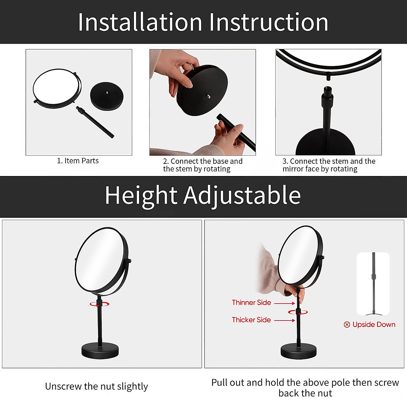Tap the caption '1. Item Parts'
pyautogui.click(x=78, y=161)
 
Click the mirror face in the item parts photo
pyautogui.click(x=56, y=88)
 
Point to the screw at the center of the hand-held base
pyautogui.click(x=207, y=96)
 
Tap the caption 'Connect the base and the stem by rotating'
pyautogui.click(x=202, y=165)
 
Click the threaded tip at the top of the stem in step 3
pyautogui.click(x=328, y=91)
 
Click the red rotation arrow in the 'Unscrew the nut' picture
pyautogui.click(x=99, y=304)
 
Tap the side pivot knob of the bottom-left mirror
pyautogui.click(x=129, y=260)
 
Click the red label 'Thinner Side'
pyautogui.click(x=251, y=303)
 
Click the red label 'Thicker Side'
pyautogui.click(x=251, y=320)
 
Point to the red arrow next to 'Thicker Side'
pyautogui.click(x=284, y=320)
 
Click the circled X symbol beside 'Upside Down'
pyautogui.click(x=347, y=325)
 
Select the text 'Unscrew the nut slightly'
pyautogui.click(x=96, y=386)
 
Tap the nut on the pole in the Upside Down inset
pyautogui.click(x=374, y=277)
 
